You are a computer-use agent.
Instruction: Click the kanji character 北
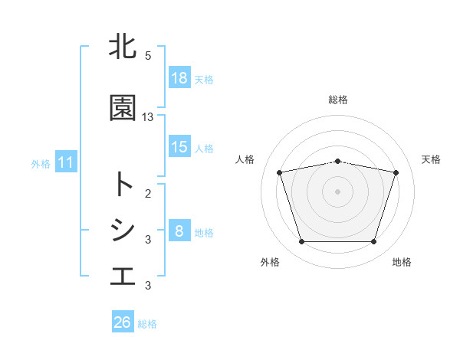coord(123,47)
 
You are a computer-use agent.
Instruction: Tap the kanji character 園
coord(123,108)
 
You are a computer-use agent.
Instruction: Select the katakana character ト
coord(123,185)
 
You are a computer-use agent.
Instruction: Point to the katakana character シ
coord(123,231)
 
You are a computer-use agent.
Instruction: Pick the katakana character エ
coord(123,277)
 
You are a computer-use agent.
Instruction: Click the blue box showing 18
coord(179,78)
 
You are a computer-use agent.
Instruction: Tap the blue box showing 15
coord(179,147)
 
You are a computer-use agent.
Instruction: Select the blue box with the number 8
coord(179,231)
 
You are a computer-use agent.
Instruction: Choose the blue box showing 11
coord(65,162)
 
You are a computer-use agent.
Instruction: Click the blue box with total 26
coord(123,322)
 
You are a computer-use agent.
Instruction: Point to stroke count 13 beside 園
coord(148,116)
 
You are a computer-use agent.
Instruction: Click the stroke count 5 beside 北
coord(148,55)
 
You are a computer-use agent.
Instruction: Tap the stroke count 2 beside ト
coord(148,193)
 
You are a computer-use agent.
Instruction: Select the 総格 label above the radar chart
coord(338,100)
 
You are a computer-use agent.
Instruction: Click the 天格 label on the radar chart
coord(431,159)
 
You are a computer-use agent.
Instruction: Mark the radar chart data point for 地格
coord(373,242)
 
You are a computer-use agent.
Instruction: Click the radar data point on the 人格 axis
coord(279,172)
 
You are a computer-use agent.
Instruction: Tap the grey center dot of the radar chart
coord(338,191)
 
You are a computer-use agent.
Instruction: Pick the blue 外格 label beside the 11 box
coord(41,163)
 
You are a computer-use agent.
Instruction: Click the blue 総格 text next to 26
coord(147,323)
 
